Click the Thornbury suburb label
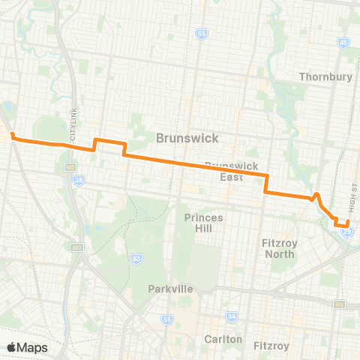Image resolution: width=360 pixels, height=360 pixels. [325, 76]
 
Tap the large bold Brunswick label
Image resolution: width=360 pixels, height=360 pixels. [187, 138]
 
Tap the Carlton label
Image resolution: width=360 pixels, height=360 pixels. [223, 339]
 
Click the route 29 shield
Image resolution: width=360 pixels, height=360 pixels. [347, 232]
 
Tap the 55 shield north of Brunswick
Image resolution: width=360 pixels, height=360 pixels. [201, 34]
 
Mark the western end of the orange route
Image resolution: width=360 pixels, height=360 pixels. [13, 136]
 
